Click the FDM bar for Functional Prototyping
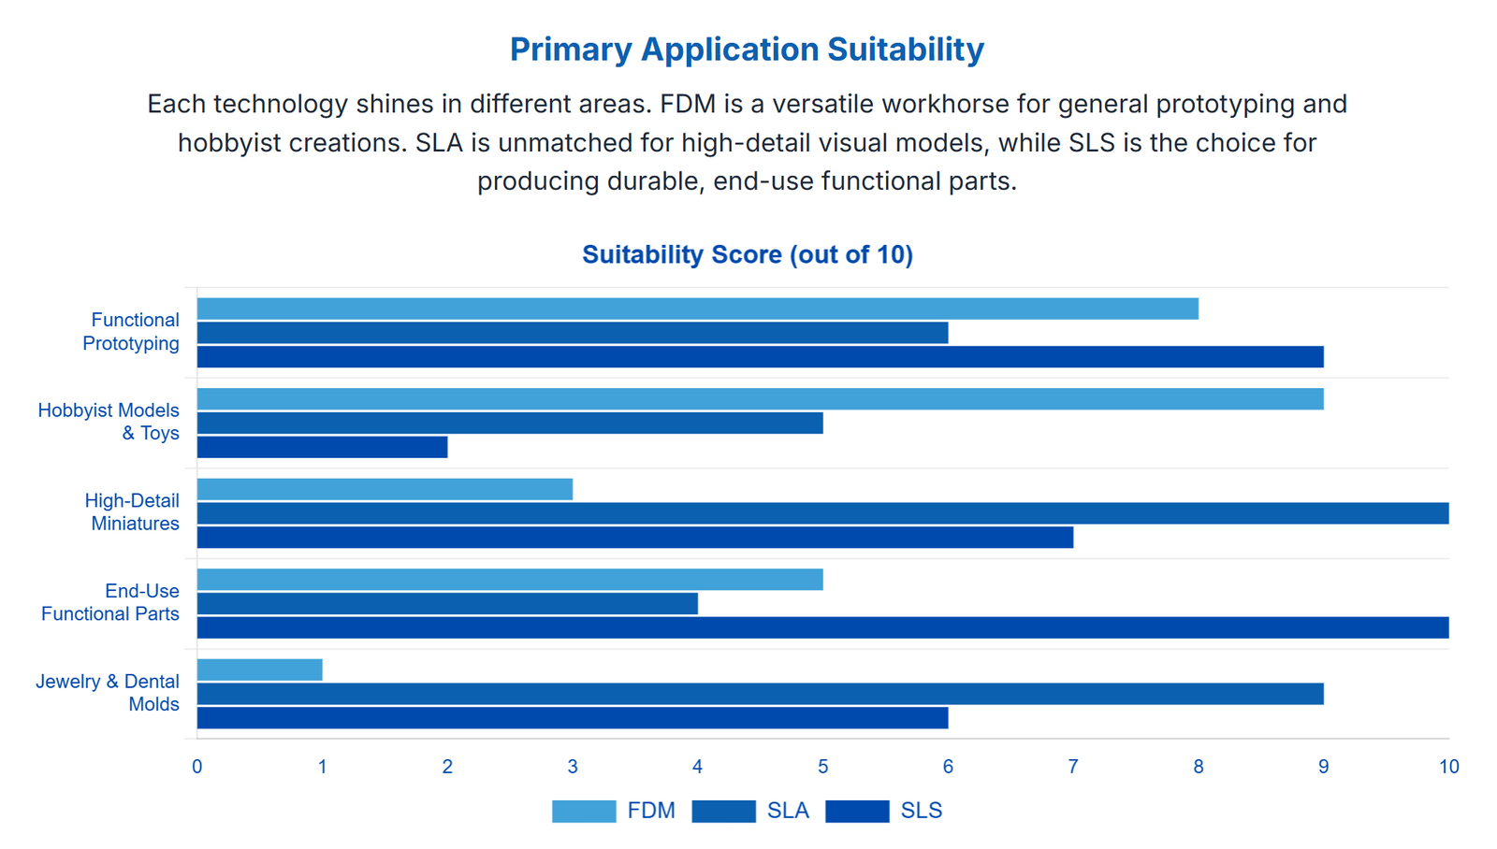697,309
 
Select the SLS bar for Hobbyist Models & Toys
322,447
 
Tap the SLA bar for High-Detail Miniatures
822,513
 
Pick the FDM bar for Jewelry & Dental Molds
259,669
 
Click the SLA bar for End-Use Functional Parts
447,603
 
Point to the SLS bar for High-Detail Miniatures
634,538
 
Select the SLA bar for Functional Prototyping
572,333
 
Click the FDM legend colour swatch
584,812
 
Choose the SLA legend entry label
788,811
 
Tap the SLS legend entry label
921,811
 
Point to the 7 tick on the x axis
1073,767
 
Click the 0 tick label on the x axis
196,767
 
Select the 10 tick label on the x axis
1448,767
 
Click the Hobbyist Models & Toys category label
109,422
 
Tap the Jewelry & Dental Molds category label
108,693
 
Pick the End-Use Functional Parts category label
110,602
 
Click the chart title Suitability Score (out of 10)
747,254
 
